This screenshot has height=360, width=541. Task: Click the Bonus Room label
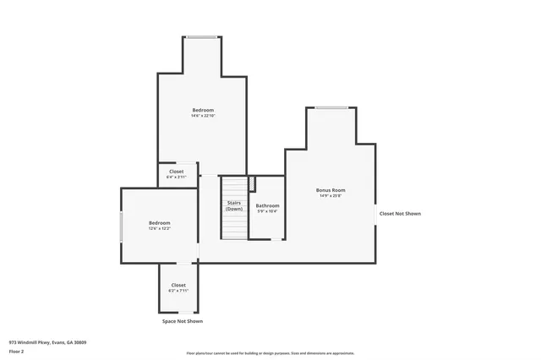click(x=331, y=190)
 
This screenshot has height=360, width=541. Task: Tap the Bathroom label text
click(x=268, y=205)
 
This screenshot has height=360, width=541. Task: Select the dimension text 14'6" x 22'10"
click(x=203, y=116)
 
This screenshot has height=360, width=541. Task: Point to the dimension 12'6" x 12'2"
click(x=160, y=228)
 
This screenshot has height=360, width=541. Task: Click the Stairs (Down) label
click(x=234, y=205)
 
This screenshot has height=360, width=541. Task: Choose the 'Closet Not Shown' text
click(x=400, y=214)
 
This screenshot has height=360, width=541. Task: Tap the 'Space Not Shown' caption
click(x=183, y=321)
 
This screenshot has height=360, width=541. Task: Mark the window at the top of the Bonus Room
click(x=331, y=107)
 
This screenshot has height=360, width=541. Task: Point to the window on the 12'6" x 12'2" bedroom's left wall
click(x=122, y=226)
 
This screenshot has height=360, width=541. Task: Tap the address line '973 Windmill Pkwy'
click(x=47, y=342)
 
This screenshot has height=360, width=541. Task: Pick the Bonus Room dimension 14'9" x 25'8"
click(x=331, y=196)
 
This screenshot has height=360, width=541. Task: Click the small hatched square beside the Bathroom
click(x=251, y=183)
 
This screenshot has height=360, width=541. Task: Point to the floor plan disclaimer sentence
click(x=270, y=353)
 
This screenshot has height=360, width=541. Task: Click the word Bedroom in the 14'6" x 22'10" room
click(x=203, y=110)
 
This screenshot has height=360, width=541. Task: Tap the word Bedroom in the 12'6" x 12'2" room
click(x=160, y=222)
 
